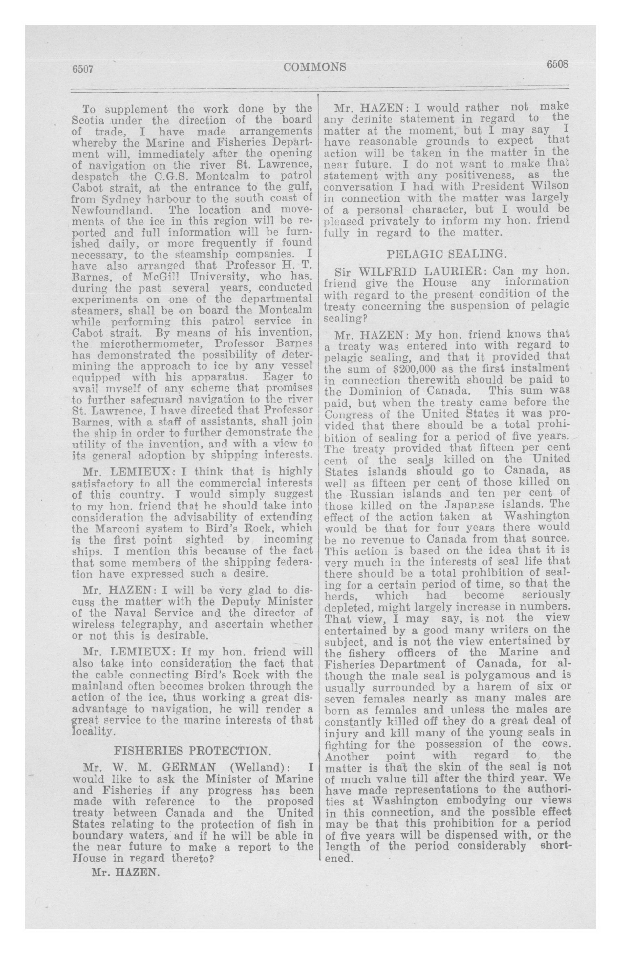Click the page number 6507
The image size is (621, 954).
tap(83, 69)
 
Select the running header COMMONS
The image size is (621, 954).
tap(314, 67)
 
